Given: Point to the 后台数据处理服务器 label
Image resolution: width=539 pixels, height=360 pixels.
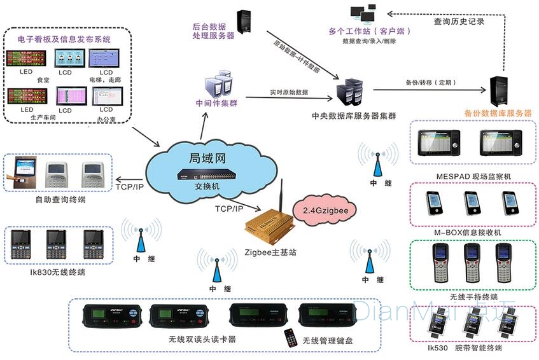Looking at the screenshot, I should [213, 31].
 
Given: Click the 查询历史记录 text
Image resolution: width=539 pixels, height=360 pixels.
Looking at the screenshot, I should [459, 21].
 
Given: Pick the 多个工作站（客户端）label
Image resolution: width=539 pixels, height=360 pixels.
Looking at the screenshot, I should [369, 31].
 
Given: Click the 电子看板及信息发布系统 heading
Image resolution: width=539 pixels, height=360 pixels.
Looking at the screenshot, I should [64, 39].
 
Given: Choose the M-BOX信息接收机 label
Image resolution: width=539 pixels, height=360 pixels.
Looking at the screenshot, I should [468, 233].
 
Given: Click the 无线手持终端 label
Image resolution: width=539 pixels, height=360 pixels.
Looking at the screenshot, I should [473, 297].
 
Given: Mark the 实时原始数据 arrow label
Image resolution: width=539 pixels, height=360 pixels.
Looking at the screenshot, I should [289, 93].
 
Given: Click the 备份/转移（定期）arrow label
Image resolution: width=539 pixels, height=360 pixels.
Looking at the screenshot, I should [430, 83].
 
